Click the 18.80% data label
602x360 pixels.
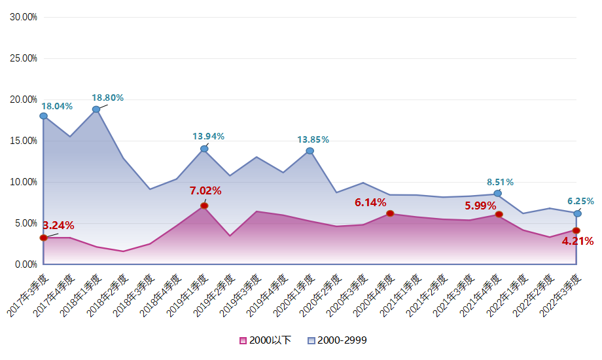pyautogui.click(x=107, y=98)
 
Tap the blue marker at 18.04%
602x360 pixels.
pyautogui.click(x=43, y=116)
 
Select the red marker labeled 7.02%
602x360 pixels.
pyautogui.click(x=204, y=206)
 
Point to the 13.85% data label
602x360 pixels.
pyautogui.click(x=313, y=139)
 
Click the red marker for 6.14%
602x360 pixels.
pyautogui.click(x=390, y=213)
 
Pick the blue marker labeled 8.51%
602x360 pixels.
pyautogui.click(x=497, y=193)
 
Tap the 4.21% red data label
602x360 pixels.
pyautogui.click(x=578, y=242)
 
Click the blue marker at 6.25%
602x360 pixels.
pyautogui.click(x=577, y=213)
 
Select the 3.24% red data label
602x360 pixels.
pyautogui.click(x=58, y=226)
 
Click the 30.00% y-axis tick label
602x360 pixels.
pyautogui.click(x=24, y=17)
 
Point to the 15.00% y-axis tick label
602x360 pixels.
pyautogui.click(x=24, y=141)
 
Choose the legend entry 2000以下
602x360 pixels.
pyautogui.click(x=265, y=340)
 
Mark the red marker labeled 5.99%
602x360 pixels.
pyautogui.click(x=499, y=214)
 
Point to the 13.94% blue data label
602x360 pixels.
pyautogui.click(x=208, y=136)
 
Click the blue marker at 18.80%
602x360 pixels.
pyautogui.click(x=96, y=109)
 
